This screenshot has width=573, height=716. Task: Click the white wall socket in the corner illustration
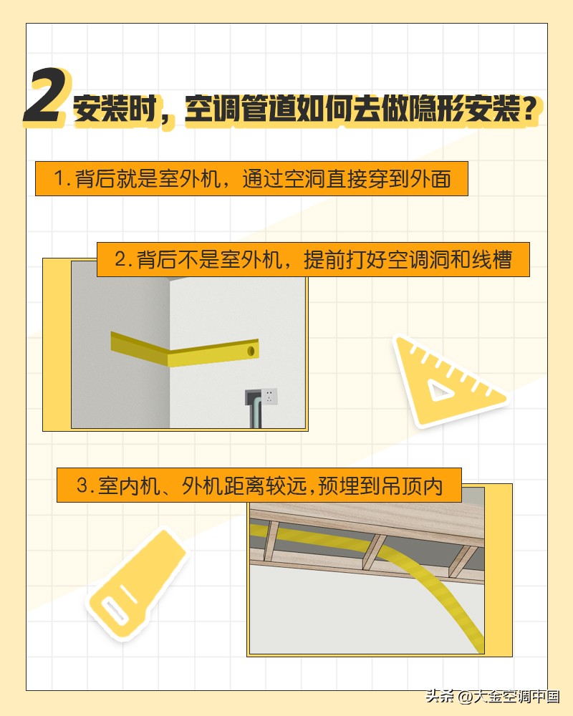click(269, 396)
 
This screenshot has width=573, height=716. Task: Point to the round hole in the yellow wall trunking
click(251, 351)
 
